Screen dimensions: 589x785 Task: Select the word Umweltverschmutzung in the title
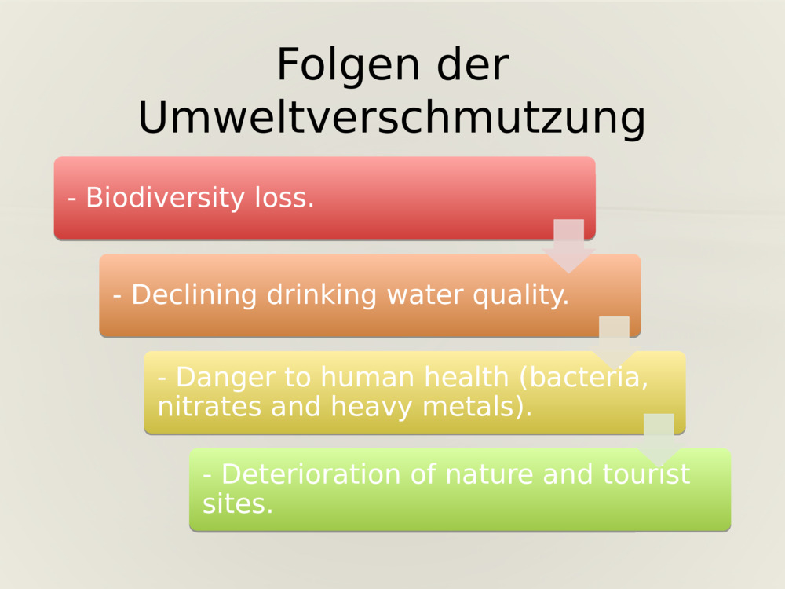(392, 118)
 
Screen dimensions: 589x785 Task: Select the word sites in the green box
(237, 503)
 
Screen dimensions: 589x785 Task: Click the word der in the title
(473, 66)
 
